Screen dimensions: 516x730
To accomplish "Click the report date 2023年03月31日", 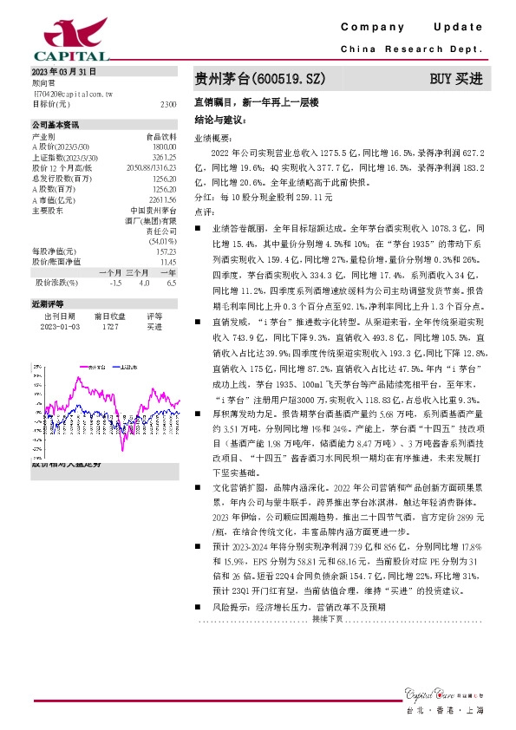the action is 63,72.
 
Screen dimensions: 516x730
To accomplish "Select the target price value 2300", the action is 168,103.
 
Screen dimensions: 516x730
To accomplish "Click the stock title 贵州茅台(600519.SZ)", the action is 259,79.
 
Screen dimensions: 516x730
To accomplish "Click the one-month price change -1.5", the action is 115,282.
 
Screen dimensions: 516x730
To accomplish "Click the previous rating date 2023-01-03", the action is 60,327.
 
